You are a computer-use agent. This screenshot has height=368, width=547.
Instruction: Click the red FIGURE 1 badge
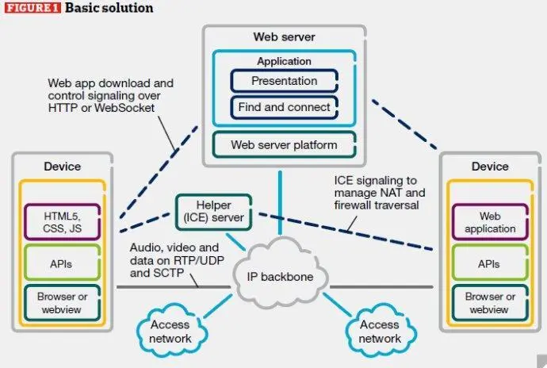(x=33, y=8)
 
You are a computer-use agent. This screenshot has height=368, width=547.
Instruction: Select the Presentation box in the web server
(x=284, y=81)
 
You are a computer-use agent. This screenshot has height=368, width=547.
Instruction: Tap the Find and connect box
(x=284, y=107)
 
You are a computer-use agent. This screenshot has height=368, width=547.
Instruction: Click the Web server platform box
(x=284, y=144)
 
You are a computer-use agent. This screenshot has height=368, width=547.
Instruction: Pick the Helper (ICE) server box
(x=213, y=212)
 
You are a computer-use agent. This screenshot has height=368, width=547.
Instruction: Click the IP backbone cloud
(x=280, y=272)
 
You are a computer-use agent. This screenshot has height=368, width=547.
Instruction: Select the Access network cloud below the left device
(x=171, y=330)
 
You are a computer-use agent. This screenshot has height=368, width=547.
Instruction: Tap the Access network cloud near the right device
(x=381, y=330)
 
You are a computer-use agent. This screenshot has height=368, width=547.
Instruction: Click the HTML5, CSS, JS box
(x=62, y=222)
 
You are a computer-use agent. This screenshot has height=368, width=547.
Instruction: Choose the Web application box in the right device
(x=490, y=222)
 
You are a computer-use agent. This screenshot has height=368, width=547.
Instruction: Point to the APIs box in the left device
(x=62, y=263)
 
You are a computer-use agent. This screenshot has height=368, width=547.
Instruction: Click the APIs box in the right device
(x=490, y=263)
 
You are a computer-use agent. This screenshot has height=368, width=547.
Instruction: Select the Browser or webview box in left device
(x=62, y=303)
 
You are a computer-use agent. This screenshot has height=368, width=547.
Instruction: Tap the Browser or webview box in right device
(x=490, y=303)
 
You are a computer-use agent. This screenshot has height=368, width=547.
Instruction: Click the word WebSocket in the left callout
(x=124, y=108)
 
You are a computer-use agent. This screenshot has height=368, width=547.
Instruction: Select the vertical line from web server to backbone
(x=280, y=203)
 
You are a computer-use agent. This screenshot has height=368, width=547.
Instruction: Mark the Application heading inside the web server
(x=284, y=61)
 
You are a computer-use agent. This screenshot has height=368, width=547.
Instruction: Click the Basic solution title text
(x=109, y=8)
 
